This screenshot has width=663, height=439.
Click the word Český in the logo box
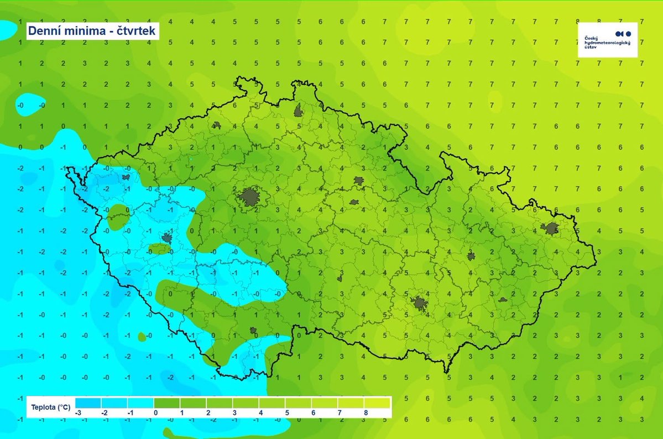[591, 38]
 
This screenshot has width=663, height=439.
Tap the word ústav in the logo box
[591, 47]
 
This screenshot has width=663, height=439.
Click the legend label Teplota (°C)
[50, 408]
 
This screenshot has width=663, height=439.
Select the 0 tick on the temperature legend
[155, 412]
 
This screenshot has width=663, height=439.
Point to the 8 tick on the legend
[366, 412]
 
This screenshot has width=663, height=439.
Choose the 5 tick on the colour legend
[287, 412]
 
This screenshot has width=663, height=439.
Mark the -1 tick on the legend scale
[129, 412]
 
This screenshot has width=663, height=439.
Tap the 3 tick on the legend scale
[234, 412]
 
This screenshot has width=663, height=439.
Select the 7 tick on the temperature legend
[340, 412]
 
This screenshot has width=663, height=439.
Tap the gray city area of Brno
[419, 303]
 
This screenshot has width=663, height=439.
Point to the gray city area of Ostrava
[551, 228]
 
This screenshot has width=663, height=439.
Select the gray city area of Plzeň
[166, 238]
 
